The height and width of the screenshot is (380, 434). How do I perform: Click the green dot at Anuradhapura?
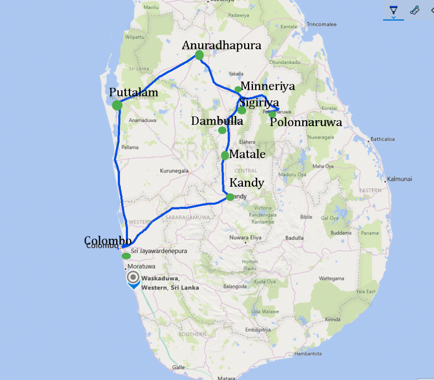pos(199,55)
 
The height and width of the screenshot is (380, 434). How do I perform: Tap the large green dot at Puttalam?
pos(117,105)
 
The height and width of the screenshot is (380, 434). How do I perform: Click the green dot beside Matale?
pos(225,155)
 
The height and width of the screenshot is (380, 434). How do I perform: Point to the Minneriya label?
pos(267,87)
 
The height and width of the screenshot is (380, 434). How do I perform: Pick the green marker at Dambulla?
pos(222,130)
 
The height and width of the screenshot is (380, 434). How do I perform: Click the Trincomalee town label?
pos(321,25)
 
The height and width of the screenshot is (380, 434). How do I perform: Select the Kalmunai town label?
pos(399,179)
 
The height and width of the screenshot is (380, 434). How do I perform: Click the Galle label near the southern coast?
pos(178,367)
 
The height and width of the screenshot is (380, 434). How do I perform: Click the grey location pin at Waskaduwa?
pos(134,278)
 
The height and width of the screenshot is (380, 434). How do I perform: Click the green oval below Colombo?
pos(126,256)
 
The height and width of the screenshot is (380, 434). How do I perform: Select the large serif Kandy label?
pos(247,183)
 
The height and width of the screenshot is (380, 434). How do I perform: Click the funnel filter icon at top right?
pos(393,11)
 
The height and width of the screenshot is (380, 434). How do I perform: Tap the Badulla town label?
pos(294,238)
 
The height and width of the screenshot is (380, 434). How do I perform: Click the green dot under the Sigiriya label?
pos(242,110)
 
